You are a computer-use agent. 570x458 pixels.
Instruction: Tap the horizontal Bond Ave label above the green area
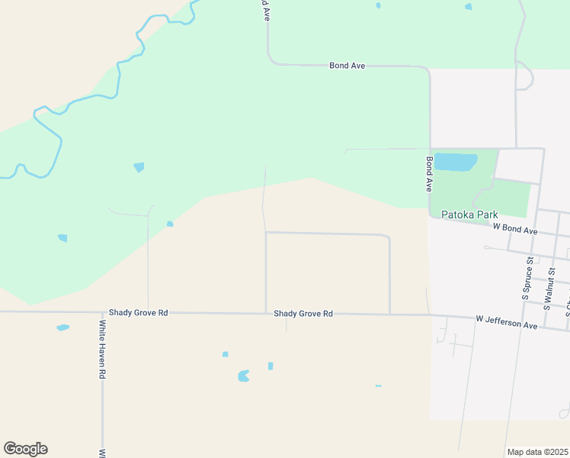(x=347, y=66)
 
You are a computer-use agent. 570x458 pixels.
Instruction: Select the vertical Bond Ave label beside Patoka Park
(x=430, y=174)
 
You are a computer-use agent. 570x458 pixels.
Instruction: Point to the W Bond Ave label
(x=515, y=229)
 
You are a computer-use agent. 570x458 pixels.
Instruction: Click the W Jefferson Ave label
(x=507, y=322)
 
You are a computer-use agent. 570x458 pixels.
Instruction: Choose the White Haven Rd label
(x=101, y=350)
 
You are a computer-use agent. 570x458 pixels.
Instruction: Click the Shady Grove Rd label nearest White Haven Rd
(x=138, y=313)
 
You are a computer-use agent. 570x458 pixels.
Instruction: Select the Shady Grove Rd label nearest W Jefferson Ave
(x=303, y=314)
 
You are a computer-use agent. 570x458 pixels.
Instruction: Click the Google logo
(x=25, y=449)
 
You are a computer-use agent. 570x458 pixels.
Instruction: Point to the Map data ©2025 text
(x=537, y=452)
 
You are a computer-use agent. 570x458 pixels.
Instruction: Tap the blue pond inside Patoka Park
(x=455, y=162)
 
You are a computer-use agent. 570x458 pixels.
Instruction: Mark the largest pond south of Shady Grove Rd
(x=243, y=376)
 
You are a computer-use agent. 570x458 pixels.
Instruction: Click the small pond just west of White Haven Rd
(x=62, y=327)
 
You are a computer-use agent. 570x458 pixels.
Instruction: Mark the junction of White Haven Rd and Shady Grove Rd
(x=103, y=312)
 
